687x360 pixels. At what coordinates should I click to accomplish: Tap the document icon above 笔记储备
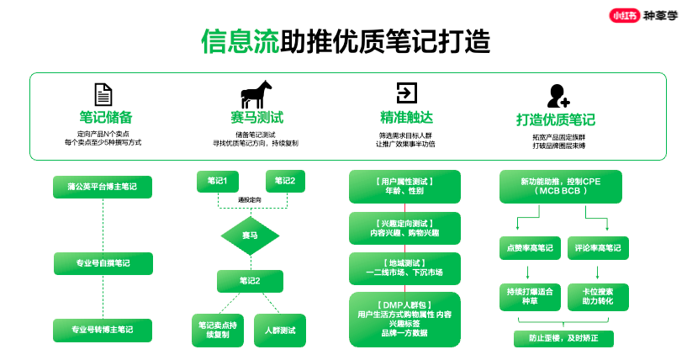(103, 94)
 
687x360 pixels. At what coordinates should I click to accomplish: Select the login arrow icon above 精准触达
(407, 93)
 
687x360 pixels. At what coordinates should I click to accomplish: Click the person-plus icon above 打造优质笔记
(557, 95)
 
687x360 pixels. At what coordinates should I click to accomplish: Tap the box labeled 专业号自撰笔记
(103, 263)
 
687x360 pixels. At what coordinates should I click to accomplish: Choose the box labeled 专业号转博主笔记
(103, 330)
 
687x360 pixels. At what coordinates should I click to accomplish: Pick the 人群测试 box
(280, 330)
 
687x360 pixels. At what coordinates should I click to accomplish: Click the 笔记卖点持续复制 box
(219, 330)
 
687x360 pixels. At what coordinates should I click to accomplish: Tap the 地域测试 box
(405, 268)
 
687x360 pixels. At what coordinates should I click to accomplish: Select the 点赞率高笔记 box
(526, 248)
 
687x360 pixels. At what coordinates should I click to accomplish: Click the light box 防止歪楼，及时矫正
(564, 339)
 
